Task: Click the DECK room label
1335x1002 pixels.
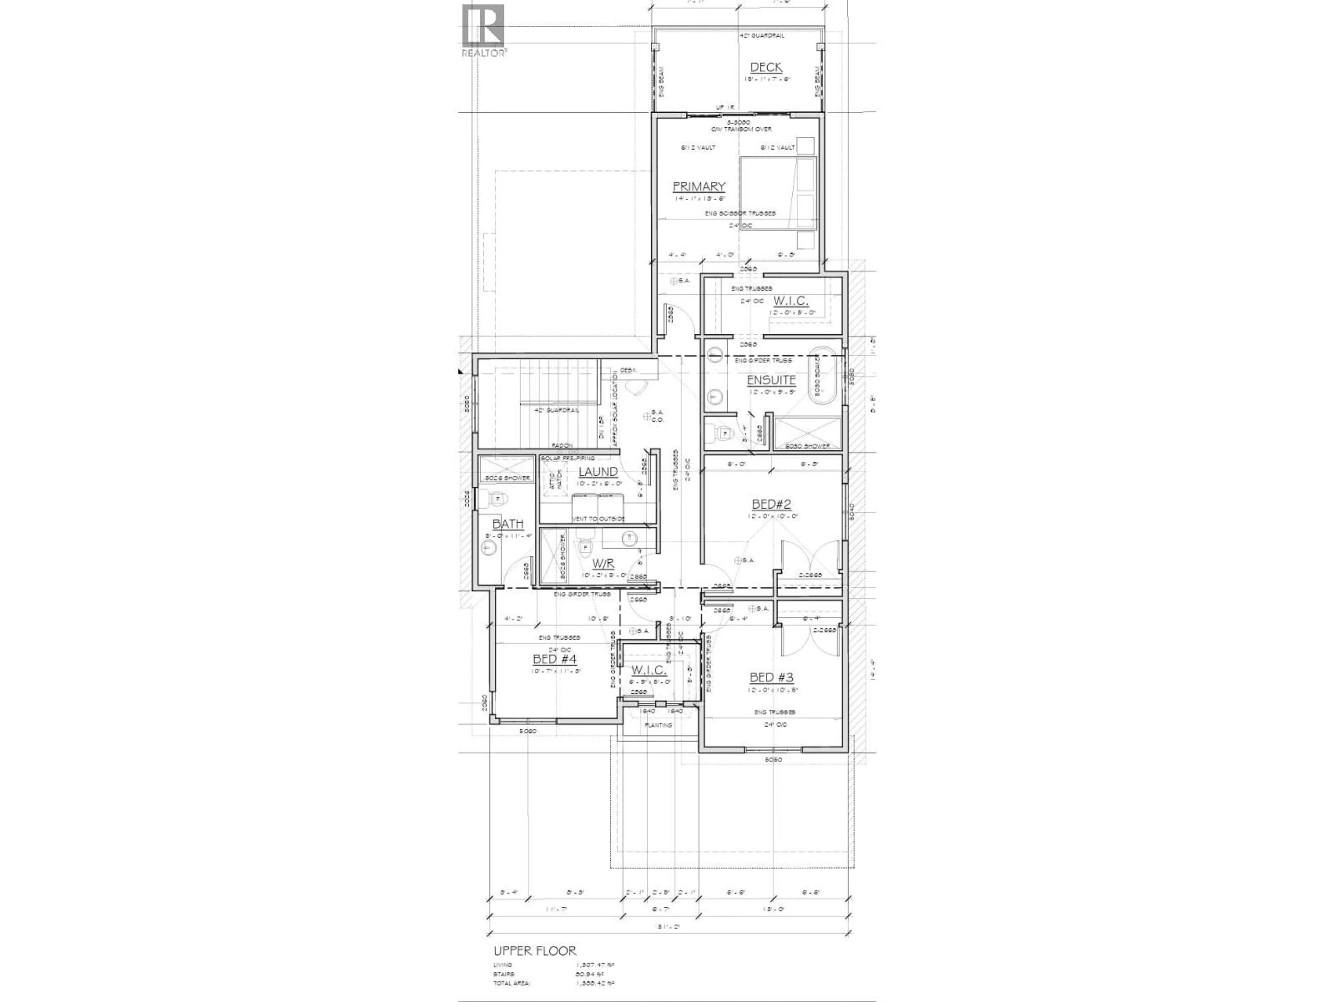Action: pos(766,67)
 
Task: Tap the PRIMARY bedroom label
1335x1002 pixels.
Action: pos(698,186)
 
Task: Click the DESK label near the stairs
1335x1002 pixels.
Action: pos(627,370)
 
